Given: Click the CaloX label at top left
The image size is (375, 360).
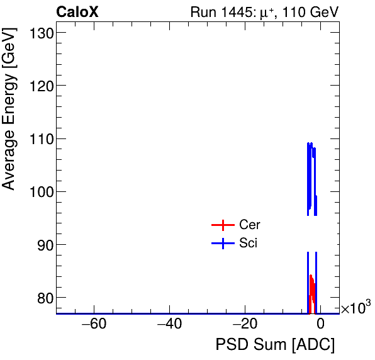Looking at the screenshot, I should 77,12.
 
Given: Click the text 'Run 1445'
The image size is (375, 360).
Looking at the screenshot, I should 216,13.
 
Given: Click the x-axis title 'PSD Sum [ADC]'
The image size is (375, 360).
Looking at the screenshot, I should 275,345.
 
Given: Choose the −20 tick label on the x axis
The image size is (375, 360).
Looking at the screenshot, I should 245,325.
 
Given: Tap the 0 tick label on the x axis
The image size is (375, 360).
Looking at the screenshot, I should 320,325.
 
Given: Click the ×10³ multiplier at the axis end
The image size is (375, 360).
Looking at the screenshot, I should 355,308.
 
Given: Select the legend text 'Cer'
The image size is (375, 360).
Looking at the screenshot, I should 249,225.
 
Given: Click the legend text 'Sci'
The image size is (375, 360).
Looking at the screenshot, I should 248,244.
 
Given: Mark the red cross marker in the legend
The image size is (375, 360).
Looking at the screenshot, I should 223,225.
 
